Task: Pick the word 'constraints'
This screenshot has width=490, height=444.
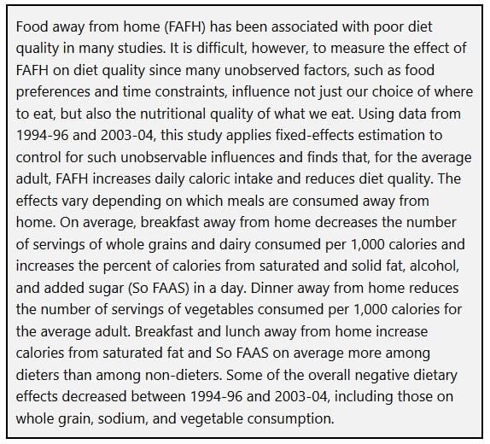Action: [x=191, y=92]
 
